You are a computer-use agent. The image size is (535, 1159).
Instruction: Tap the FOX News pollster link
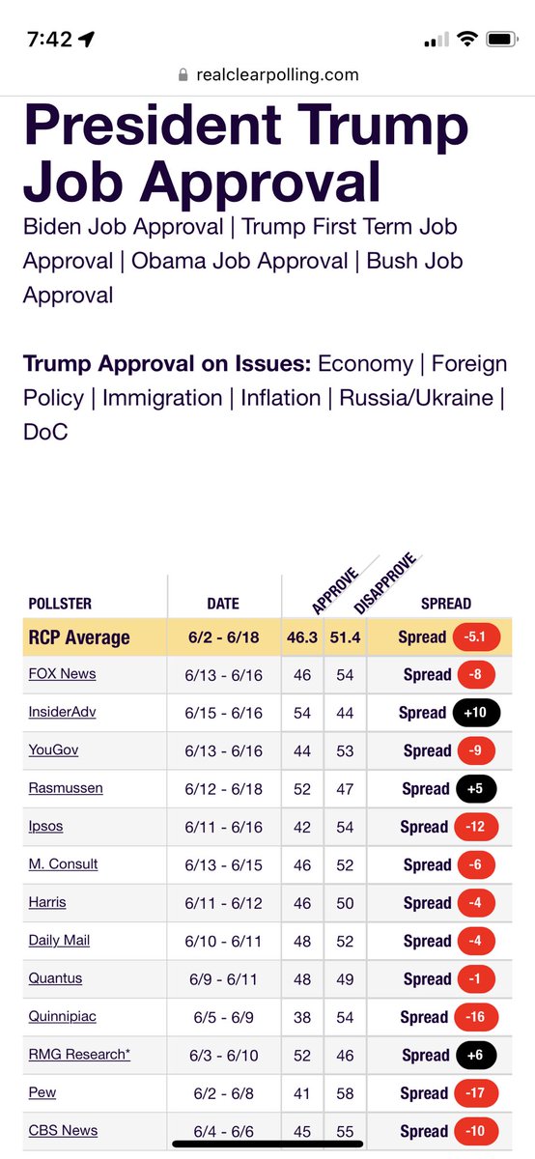(x=62, y=674)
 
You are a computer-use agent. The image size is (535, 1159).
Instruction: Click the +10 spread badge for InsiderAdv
(x=473, y=713)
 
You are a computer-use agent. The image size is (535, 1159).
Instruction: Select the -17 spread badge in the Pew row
(x=473, y=1093)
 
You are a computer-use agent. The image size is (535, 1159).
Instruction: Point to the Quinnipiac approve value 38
(x=302, y=1017)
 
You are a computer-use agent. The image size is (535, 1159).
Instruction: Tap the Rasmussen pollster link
(x=66, y=788)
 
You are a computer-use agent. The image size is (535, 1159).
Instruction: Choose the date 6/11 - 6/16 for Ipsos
(x=223, y=827)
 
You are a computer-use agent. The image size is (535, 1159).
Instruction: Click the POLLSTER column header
(x=60, y=604)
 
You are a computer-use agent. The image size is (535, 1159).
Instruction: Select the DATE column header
(x=223, y=604)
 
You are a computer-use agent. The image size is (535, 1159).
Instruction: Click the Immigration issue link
(x=162, y=398)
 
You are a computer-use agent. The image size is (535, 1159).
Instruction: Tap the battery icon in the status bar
(x=501, y=40)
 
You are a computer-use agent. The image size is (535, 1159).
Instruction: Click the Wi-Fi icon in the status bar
(x=467, y=40)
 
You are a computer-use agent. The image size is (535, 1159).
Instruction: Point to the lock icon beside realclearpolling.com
(x=183, y=75)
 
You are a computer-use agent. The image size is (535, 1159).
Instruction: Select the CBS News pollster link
(x=63, y=1130)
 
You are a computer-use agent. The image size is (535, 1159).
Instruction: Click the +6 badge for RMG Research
(x=473, y=1056)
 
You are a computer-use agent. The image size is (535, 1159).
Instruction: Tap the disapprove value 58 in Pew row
(x=345, y=1093)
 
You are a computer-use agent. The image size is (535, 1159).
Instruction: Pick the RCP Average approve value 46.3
(x=302, y=637)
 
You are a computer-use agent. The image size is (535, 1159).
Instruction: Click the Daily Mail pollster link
(x=59, y=940)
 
